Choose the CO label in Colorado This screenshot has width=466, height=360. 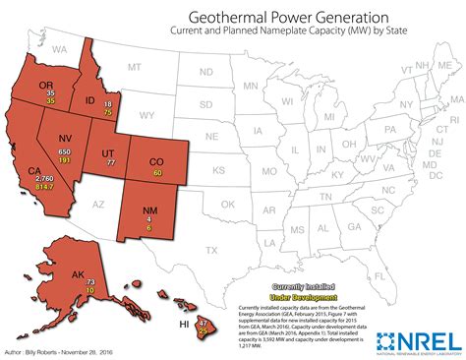pos(156,161)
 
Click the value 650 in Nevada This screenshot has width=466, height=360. pos(65,151)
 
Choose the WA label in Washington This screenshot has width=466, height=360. pos(60,48)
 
